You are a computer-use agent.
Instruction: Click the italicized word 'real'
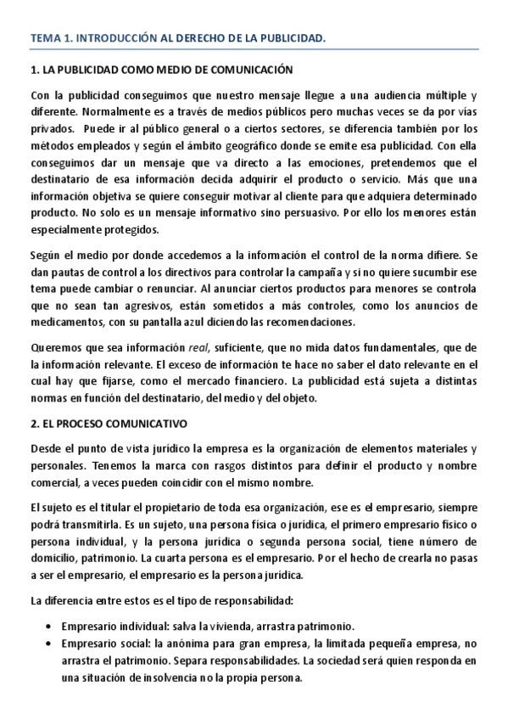pyautogui.click(x=198, y=348)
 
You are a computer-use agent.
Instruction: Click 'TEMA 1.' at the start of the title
pyautogui.click(x=51, y=38)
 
